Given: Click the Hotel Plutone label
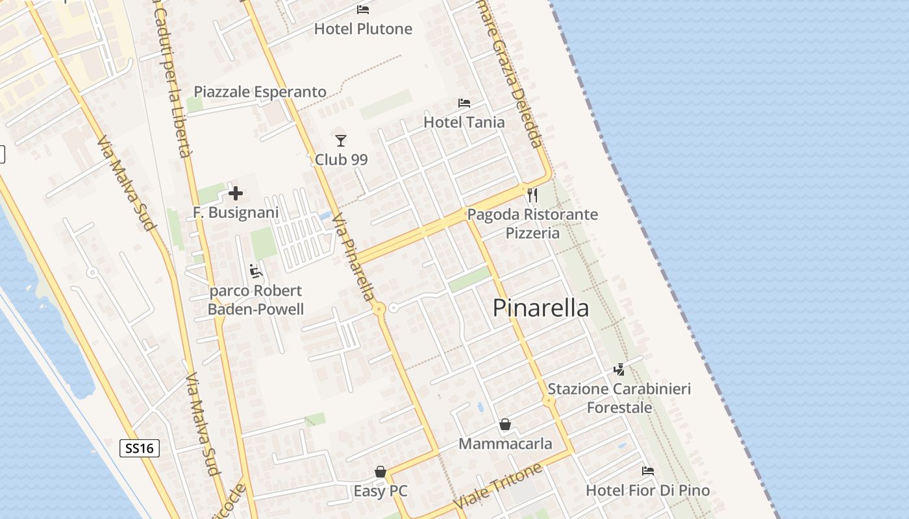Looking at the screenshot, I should (x=363, y=29).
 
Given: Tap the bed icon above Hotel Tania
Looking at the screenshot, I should (x=464, y=103).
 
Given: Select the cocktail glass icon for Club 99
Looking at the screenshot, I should (x=341, y=140).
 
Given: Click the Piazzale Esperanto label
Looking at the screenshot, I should (x=260, y=92).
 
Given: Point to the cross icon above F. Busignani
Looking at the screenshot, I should (x=236, y=193).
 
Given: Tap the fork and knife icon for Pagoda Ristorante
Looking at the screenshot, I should (x=532, y=195).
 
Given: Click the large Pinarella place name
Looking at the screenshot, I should (x=541, y=308).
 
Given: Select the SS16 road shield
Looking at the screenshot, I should (x=140, y=448).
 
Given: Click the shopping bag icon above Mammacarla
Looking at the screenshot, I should (x=505, y=425).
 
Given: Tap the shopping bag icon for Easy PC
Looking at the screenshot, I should (x=380, y=472).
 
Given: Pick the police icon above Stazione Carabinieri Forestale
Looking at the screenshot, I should (x=619, y=370).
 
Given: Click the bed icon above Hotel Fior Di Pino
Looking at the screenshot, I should (x=647, y=471).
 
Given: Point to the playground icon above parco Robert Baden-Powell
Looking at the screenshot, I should (x=256, y=271).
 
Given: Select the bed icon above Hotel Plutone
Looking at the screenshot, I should (x=363, y=10).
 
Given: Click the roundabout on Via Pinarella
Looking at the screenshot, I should (x=379, y=309).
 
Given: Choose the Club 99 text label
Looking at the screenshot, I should (x=342, y=160).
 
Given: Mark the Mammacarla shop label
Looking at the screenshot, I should (x=505, y=444).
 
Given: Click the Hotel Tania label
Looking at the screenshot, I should (x=464, y=122).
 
